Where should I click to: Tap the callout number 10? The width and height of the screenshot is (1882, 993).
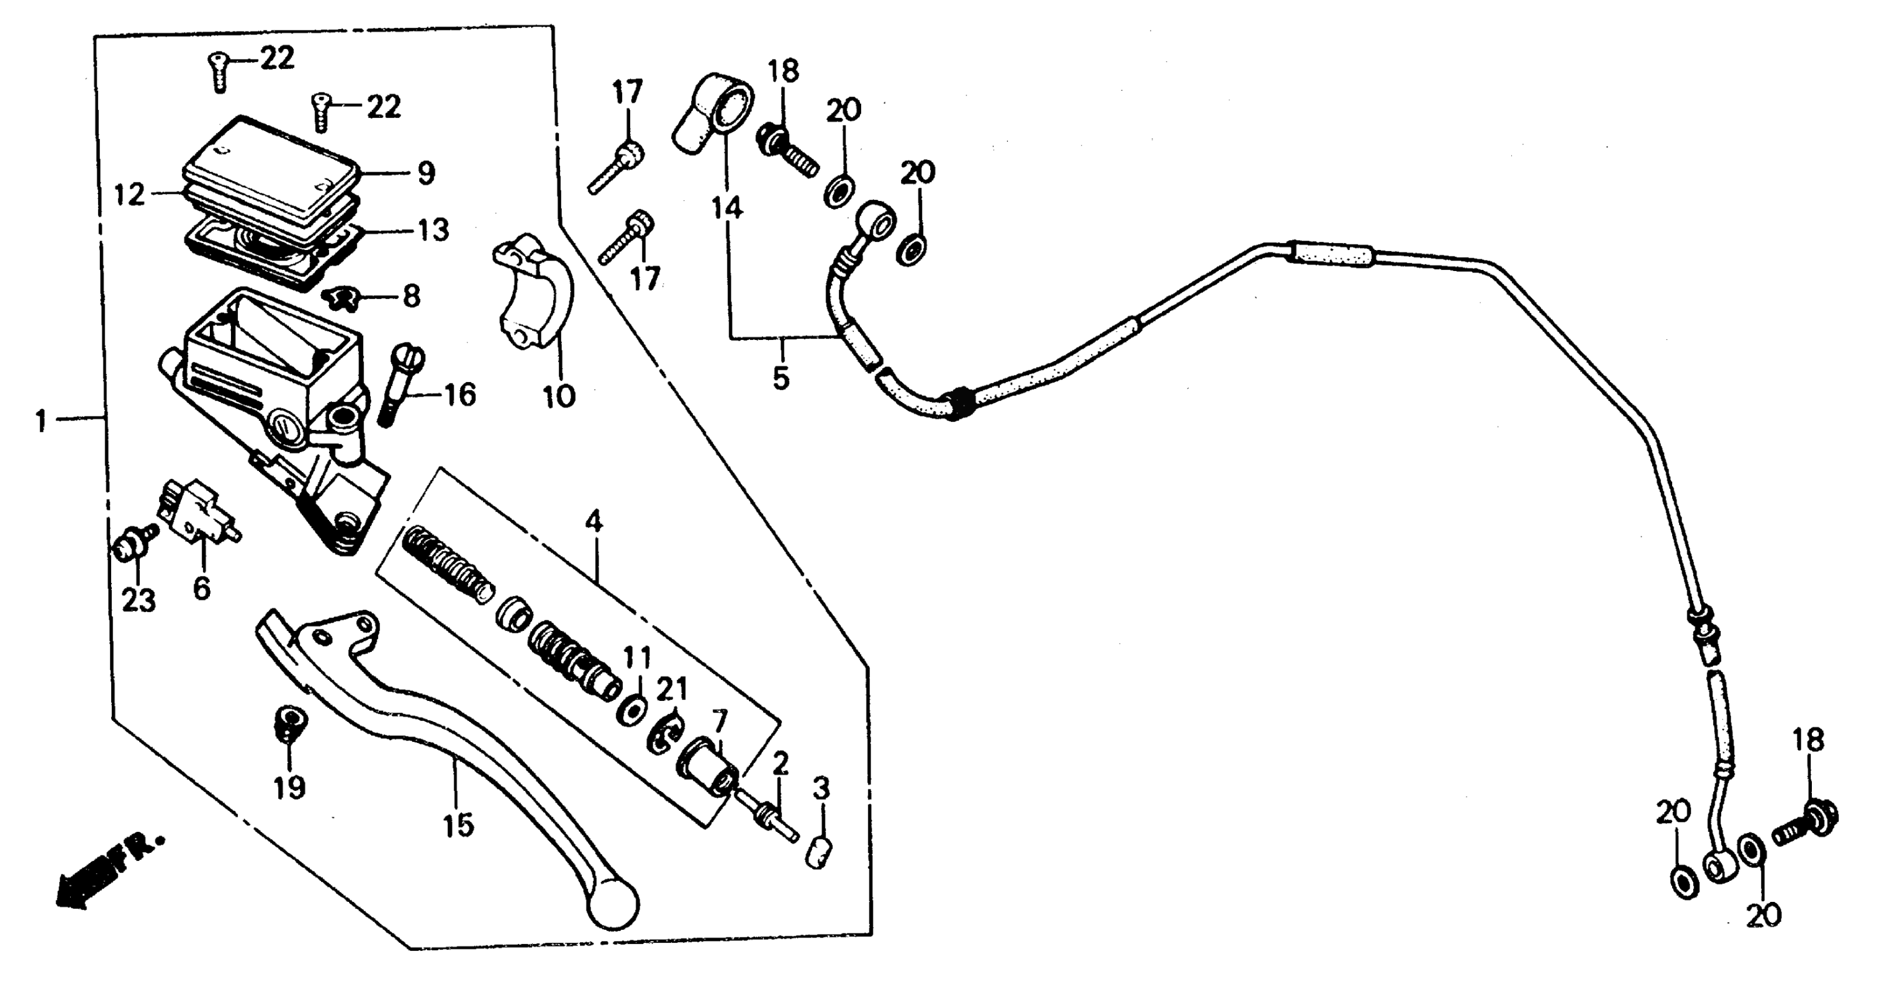pyautogui.click(x=559, y=397)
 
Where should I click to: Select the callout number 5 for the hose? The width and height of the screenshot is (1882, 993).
pyautogui.click(x=781, y=379)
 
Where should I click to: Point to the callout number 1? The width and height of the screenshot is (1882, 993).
pyautogui.click(x=42, y=421)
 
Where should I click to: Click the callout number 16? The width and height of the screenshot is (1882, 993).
pyautogui.click(x=460, y=395)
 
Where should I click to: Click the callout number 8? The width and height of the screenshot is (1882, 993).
pyautogui.click(x=412, y=297)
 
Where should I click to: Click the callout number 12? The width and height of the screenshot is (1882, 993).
pyautogui.click(x=130, y=195)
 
